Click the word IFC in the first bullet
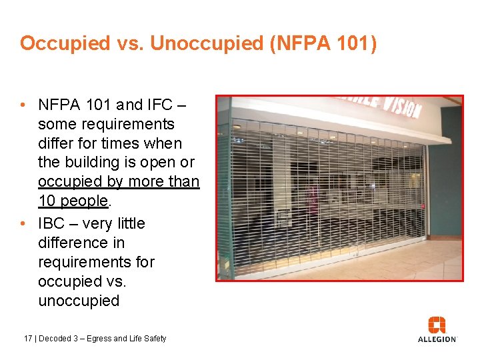click(161, 105)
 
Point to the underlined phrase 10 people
click(73, 201)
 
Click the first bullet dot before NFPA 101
click(23, 105)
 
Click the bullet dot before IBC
click(23, 223)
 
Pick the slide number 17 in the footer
click(27, 339)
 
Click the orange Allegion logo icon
click(437, 325)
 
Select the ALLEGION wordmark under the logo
click(437, 339)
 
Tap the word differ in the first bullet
click(57, 143)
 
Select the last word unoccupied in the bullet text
click(79, 301)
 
